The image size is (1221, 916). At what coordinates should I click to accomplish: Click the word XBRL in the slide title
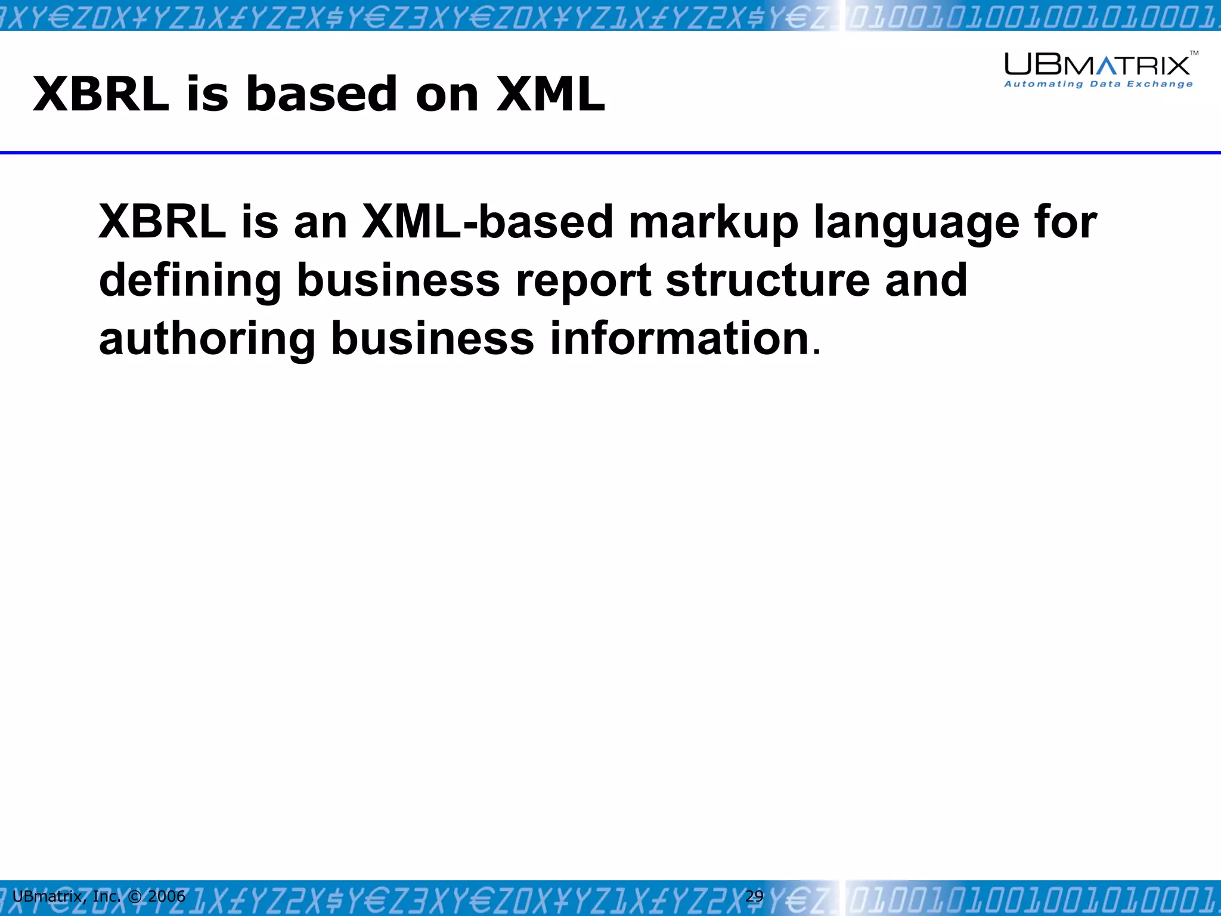tap(101, 94)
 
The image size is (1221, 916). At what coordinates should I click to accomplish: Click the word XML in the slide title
tap(550, 94)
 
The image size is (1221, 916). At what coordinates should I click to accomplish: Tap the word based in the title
tap(321, 94)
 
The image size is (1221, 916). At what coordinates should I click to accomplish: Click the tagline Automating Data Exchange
tap(1098, 84)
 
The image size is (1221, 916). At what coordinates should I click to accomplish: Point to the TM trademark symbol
tap(1194, 54)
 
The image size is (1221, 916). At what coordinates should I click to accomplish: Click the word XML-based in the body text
tap(487, 222)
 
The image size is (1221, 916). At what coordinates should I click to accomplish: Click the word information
tap(678, 338)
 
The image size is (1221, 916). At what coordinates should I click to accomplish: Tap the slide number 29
tap(754, 896)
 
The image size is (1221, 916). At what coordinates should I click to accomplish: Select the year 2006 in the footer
tap(166, 896)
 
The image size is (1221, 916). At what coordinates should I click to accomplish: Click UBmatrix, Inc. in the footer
tap(66, 896)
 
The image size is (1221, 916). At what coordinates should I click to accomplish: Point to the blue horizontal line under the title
tap(610, 153)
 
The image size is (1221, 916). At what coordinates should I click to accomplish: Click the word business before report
tap(398, 280)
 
